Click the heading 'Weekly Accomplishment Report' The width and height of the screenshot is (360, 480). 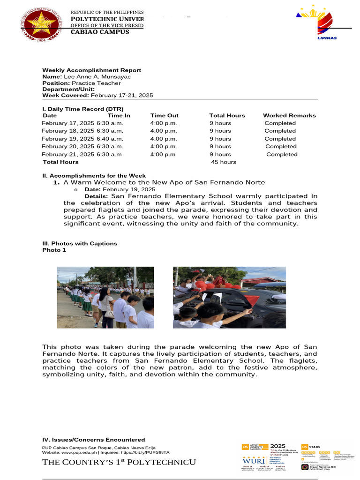tap(91, 70)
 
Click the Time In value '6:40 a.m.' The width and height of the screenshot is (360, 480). tap(110, 139)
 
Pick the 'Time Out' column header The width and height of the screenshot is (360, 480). tap(164, 115)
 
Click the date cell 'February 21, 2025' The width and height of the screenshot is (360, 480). tap(68, 154)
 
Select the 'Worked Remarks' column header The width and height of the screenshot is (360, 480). tap(289, 115)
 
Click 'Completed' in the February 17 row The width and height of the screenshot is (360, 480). tap(280, 123)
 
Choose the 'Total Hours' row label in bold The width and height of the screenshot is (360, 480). tap(60, 162)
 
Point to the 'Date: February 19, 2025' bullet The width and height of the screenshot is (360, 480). tap(120, 189)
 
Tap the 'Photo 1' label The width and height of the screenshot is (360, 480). tap(54, 250)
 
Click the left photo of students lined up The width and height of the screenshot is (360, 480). tap(105, 297)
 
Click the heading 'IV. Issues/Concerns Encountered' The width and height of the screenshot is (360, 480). tap(93, 440)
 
